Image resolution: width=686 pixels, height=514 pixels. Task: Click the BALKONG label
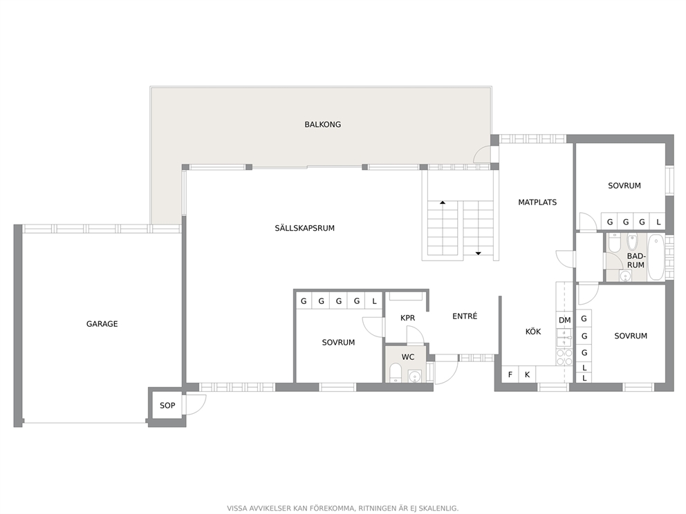coord(322,124)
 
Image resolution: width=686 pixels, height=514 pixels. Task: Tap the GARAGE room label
coord(102,324)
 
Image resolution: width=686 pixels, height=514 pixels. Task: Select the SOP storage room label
coord(167,406)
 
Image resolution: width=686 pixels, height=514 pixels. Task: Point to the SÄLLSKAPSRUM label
coord(304,228)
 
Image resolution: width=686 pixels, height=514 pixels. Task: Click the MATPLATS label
coord(537,202)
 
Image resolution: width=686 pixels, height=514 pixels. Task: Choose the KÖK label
coord(533,332)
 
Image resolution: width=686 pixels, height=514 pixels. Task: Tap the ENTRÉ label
coord(465,316)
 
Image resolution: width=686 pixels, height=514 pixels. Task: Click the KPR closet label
coord(407,318)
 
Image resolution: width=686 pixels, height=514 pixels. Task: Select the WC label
coord(408,357)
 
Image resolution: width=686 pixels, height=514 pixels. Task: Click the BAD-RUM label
coord(636,260)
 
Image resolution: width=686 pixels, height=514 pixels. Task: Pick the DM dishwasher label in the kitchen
coord(564,321)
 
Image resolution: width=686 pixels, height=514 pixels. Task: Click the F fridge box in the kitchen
coord(510,374)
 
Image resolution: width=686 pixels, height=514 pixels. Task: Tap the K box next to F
coord(527,374)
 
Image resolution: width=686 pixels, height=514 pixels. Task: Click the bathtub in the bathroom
coord(656,257)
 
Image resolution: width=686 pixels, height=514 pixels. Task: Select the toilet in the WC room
coord(396,373)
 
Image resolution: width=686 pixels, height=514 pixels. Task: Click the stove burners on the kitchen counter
coord(564,357)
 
